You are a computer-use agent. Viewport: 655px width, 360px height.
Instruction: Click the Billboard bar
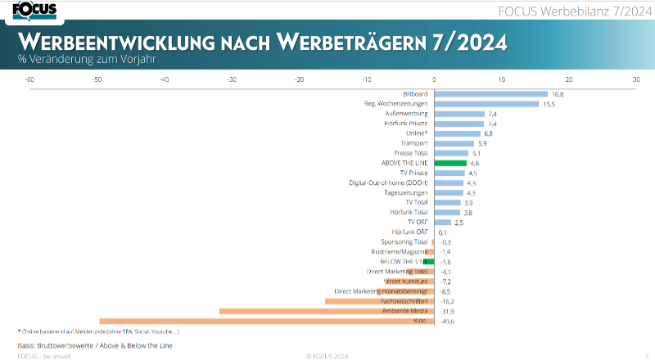[x=490, y=94]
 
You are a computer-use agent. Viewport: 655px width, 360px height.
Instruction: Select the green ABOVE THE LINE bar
[x=450, y=163]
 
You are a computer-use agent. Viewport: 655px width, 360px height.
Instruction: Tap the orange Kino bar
[x=266, y=321]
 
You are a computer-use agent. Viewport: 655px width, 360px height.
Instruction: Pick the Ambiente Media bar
[x=327, y=311]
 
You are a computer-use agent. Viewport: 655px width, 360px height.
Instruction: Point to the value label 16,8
[x=558, y=94]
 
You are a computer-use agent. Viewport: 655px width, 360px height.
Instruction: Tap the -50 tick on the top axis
[x=97, y=79]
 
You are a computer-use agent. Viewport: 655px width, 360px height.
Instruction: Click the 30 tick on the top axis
[x=635, y=79]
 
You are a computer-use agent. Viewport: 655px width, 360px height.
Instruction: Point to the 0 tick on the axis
[x=434, y=79]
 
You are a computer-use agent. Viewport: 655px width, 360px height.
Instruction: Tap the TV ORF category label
[x=418, y=222]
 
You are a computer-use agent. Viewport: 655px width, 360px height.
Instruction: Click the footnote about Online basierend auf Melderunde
[x=98, y=331]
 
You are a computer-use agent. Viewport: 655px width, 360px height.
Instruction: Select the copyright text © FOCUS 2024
[x=327, y=356]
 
